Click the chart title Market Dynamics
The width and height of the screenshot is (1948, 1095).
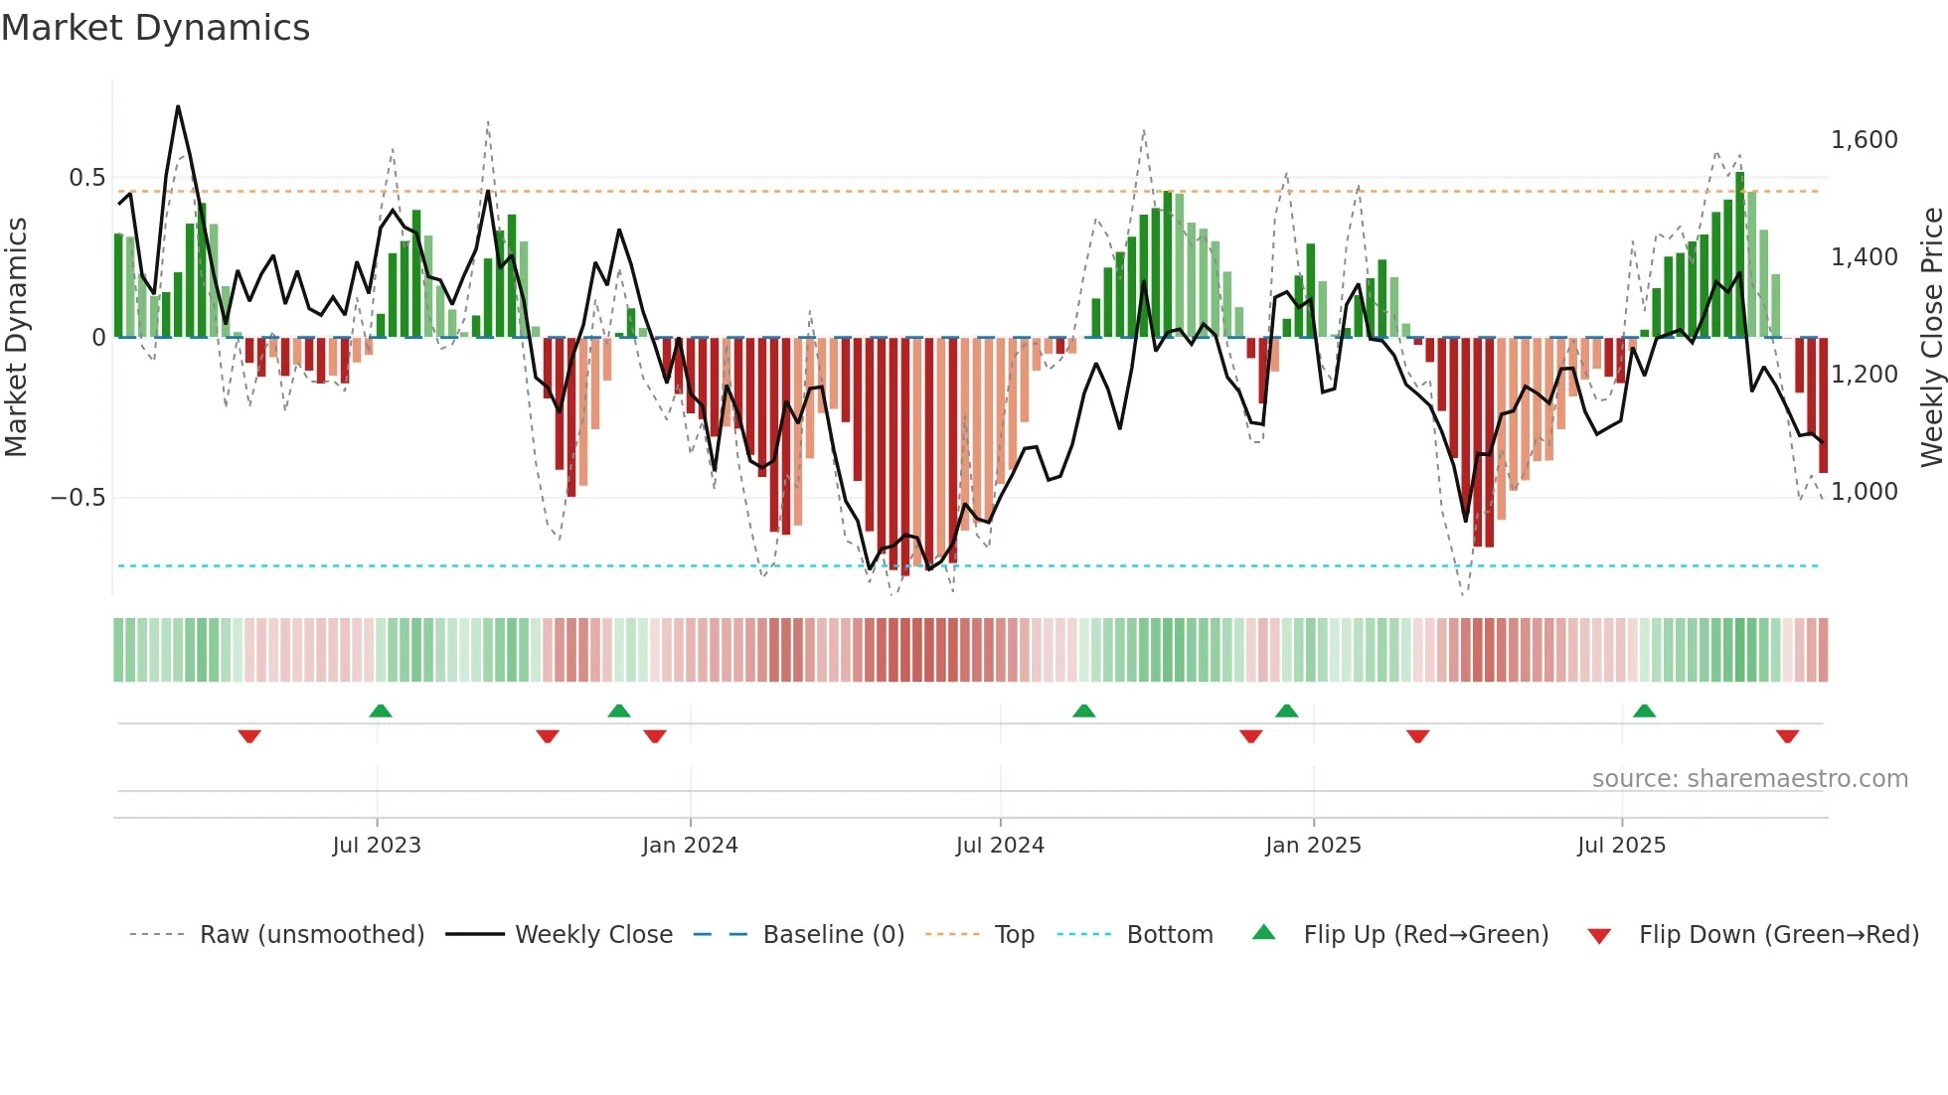[x=155, y=28]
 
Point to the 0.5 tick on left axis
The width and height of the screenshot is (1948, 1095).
[x=86, y=178]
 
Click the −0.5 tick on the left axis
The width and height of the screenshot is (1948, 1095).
[x=79, y=498]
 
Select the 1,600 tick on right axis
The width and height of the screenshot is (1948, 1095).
[x=1864, y=140]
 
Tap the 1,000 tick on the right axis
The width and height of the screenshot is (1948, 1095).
[x=1864, y=492]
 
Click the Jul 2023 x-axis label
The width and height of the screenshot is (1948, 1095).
[x=377, y=846]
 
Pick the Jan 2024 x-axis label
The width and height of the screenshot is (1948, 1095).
[x=690, y=846]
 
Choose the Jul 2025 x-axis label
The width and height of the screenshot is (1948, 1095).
[x=1621, y=846]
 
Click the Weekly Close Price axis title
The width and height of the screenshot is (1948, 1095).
[x=1931, y=338]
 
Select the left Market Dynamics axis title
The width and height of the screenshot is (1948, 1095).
[x=16, y=338]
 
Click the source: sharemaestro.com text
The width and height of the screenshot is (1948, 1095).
[x=1749, y=779]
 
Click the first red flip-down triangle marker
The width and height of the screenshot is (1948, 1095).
[x=249, y=736]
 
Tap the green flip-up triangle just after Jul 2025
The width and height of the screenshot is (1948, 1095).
[x=1644, y=710]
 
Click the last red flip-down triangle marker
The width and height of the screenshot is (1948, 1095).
[x=1787, y=736]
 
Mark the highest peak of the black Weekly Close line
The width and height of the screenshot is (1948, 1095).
[x=178, y=106]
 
